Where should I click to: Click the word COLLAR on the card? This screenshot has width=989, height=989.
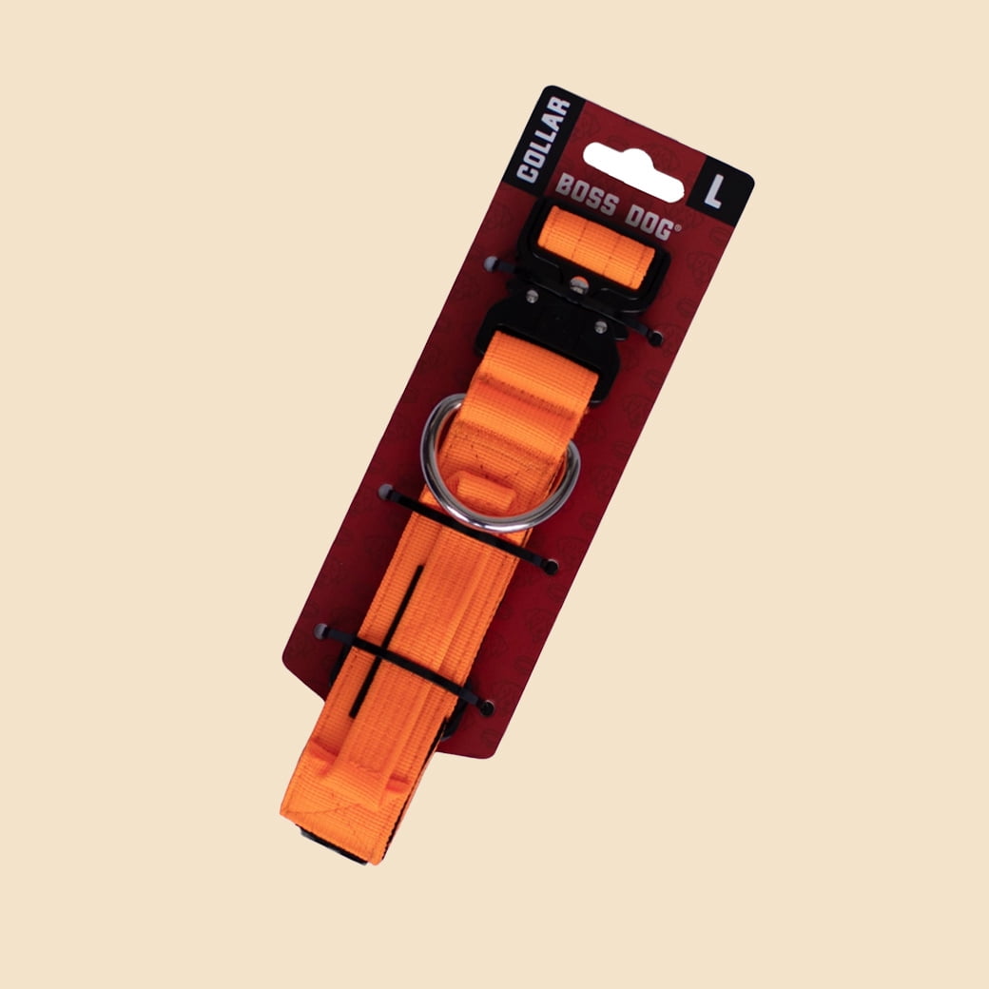coord(543,140)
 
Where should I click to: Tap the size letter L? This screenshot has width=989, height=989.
coord(714,191)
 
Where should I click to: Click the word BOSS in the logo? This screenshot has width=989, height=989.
coord(587,195)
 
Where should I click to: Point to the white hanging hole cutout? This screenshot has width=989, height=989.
coord(634,171)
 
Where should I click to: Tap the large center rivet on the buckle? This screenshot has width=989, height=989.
coord(578,285)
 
